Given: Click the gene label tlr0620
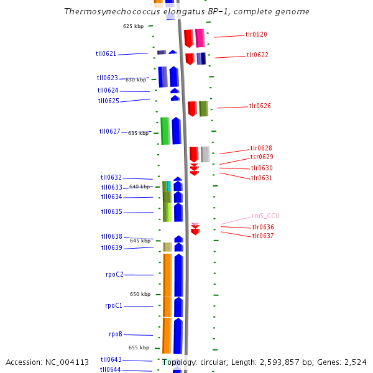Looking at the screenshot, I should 256,35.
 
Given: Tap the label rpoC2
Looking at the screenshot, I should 114,274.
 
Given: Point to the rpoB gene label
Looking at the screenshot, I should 116,334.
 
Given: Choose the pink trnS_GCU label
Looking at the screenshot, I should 265,216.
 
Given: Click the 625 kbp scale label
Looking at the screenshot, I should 133,26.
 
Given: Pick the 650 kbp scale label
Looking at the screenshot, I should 140,294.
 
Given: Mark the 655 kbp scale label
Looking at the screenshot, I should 139,348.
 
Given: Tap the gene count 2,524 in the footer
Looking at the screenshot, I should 354,362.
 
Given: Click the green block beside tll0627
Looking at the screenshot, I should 165,131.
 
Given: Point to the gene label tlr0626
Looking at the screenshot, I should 260,106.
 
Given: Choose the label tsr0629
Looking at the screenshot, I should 261,157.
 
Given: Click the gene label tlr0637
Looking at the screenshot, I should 262,236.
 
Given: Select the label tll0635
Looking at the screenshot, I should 112,212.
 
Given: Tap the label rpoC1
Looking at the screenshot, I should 114,306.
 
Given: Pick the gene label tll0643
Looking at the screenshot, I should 111,359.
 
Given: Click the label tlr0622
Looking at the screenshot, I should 257,55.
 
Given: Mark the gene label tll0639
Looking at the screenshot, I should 112,248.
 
